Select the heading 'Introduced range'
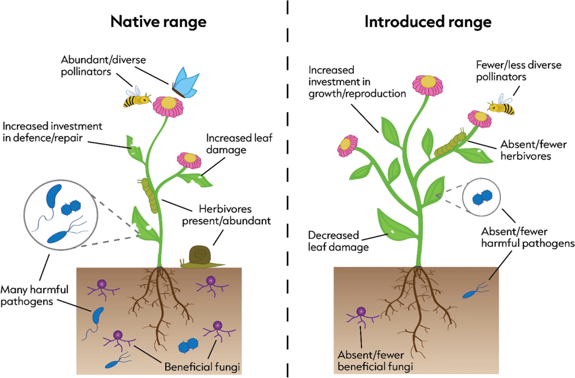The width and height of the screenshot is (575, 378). coord(428,22)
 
